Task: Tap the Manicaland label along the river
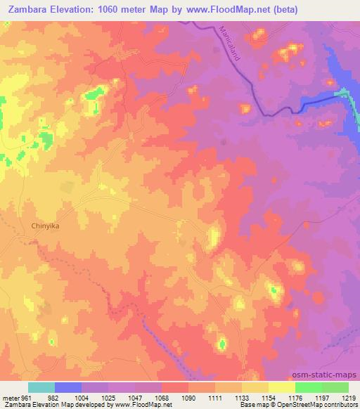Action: (229, 44)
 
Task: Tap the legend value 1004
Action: (75, 397)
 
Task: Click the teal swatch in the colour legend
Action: (41, 387)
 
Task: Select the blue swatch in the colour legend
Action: (68, 387)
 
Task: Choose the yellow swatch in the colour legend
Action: (281, 387)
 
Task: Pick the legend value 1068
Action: (154, 397)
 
